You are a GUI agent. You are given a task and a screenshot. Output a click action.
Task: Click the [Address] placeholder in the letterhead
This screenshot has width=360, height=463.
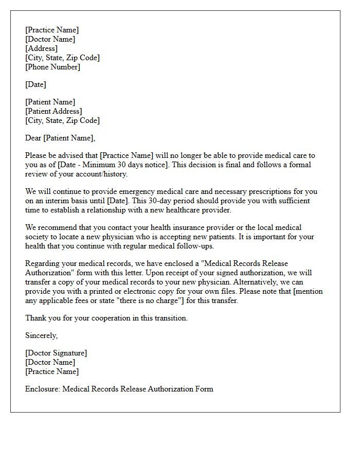pos(42,48)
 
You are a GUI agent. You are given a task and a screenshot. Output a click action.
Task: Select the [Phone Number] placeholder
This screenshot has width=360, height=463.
pos(53,67)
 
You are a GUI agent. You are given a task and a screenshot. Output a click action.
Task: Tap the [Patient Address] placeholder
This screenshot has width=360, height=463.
pos(53,111)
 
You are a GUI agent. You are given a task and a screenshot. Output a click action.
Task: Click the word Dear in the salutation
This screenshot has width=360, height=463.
pos(33,138)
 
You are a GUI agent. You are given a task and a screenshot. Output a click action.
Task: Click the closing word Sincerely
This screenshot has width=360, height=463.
pos(42,335)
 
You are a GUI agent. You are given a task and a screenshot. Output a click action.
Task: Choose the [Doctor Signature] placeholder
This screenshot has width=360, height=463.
pos(56,353)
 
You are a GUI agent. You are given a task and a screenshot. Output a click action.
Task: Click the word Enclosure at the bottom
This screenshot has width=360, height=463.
pos(43,389)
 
